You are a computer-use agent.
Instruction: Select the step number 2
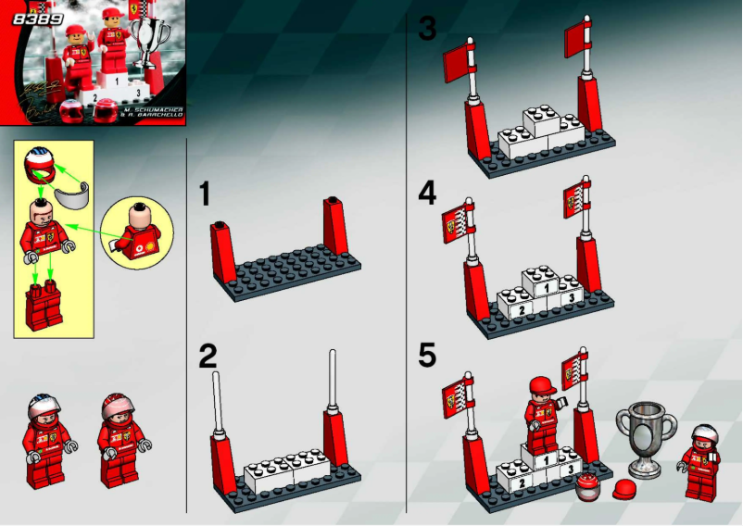coord(208,357)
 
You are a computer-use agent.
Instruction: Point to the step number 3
coord(427,29)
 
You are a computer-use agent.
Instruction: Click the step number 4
coord(427,193)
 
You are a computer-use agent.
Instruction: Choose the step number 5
coord(427,356)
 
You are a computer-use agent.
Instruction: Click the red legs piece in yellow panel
coord(41,305)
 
